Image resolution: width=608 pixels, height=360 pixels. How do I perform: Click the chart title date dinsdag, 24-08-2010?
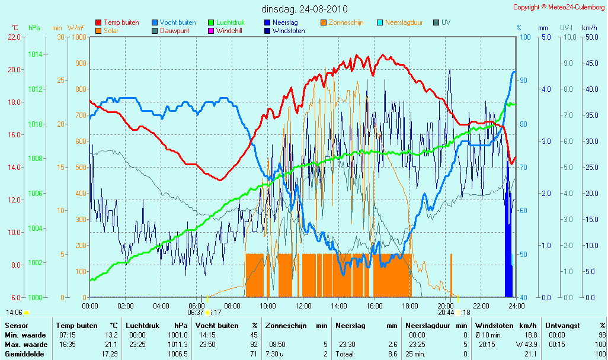[x=305, y=9]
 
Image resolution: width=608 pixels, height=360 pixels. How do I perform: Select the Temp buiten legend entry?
[x=117, y=22]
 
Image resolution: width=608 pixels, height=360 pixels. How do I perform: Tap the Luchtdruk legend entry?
[x=226, y=22]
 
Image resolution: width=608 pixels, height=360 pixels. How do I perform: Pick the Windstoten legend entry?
[x=284, y=31]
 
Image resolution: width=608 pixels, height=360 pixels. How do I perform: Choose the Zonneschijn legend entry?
[x=342, y=22]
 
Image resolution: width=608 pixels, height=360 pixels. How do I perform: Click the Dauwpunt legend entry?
[x=171, y=31]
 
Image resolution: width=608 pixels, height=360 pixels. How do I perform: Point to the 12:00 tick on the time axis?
[x=303, y=306]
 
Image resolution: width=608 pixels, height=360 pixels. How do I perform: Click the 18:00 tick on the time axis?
[x=410, y=306]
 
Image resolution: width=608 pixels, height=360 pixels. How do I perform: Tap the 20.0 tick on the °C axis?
[x=14, y=70]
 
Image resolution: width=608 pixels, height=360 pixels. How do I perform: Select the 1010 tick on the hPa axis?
[x=36, y=124]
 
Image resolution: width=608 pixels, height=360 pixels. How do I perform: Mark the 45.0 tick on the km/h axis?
[x=592, y=63]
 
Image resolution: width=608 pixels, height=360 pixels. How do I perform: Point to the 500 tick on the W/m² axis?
[x=81, y=168]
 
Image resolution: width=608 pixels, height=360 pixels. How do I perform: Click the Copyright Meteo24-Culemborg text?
[x=559, y=7]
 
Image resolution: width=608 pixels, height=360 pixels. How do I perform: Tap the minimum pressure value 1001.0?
[x=178, y=335]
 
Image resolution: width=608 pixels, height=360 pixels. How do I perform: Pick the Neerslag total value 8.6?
[x=392, y=354]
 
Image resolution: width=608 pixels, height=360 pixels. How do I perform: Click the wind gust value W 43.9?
[x=526, y=345]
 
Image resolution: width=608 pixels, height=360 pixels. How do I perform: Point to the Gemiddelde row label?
[x=24, y=354]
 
